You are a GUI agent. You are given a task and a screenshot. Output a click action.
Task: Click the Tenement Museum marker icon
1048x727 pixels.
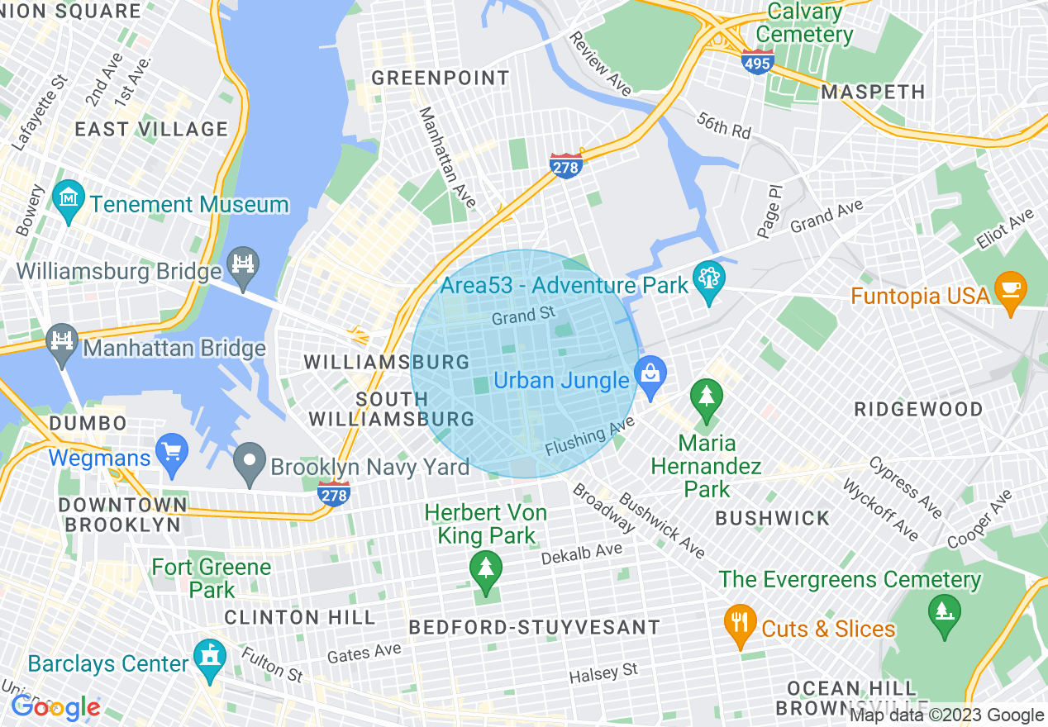point(68,197)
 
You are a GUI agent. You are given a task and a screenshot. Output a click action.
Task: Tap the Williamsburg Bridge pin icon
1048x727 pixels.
point(243,264)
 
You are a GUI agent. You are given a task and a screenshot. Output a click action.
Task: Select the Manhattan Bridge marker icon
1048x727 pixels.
point(62,341)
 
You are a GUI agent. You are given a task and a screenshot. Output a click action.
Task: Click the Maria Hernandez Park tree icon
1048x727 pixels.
point(706,397)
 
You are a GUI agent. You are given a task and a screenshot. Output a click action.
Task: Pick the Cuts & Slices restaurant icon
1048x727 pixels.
point(739,622)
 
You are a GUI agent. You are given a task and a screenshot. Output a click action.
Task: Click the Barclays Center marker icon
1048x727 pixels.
point(210,657)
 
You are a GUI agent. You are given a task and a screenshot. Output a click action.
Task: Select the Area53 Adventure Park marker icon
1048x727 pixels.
point(708,279)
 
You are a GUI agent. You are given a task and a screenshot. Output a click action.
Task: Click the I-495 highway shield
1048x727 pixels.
point(758,62)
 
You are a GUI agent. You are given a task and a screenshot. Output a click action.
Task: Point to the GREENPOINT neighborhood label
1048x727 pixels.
point(441,78)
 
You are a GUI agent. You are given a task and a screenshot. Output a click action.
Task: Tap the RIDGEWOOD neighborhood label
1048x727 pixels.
point(918,409)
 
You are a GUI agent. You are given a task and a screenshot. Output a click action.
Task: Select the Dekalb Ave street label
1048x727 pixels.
point(581,554)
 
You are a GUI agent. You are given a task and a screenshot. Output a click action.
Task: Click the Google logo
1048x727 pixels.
point(55,708)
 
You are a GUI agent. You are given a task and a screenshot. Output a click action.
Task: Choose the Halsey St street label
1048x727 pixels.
point(603,673)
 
